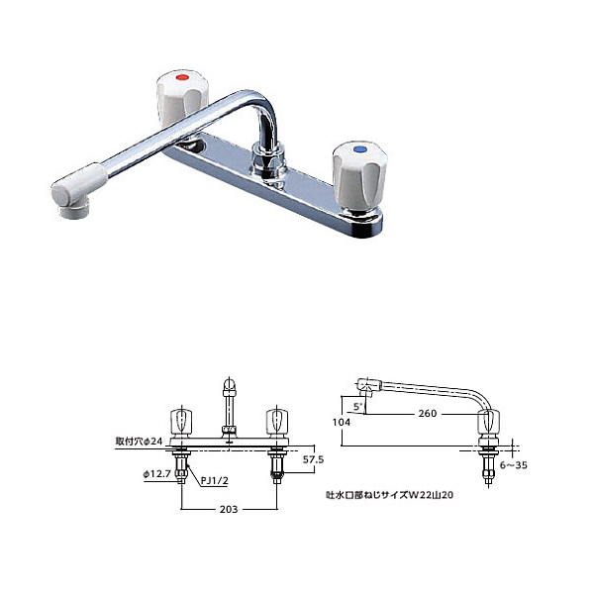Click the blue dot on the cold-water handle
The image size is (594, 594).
pyautogui.click(x=356, y=151)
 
